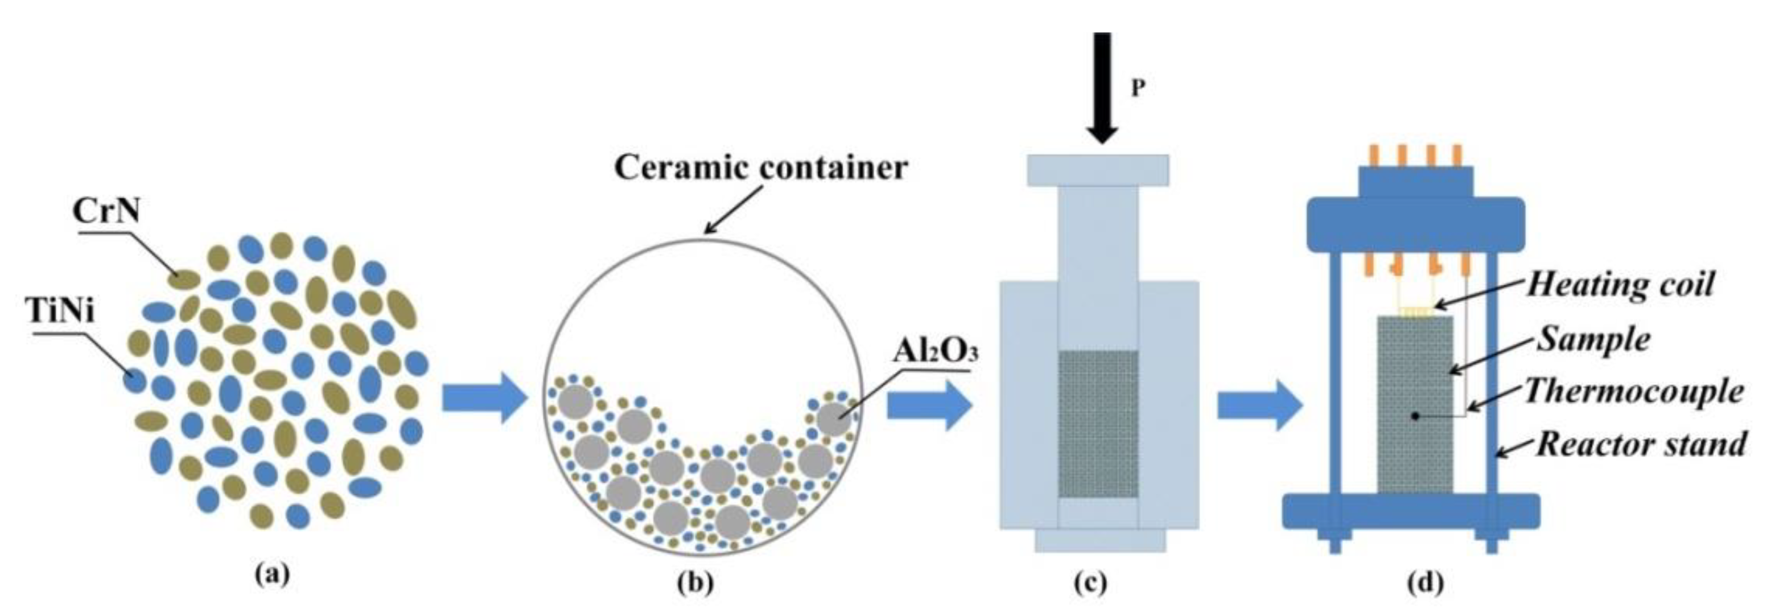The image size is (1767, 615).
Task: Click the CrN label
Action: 107,211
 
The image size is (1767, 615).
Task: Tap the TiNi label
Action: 60,311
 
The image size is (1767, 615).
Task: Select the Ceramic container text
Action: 760,167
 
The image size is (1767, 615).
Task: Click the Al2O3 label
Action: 935,352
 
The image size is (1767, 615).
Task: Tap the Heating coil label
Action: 1620,284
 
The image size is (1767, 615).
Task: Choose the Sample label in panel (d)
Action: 1593,339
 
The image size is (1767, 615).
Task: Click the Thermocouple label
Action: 1633,391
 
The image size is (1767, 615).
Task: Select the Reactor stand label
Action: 1640,444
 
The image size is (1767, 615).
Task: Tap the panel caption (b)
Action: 695,582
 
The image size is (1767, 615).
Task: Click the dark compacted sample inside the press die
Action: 1098,424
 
